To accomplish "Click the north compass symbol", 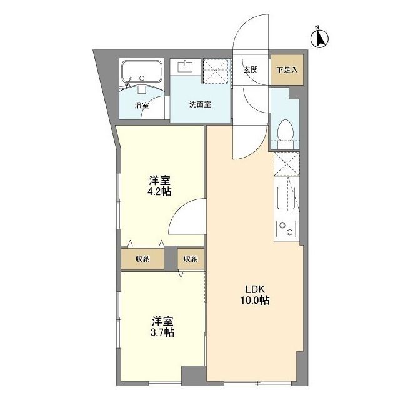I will pyautogui.click(x=321, y=38).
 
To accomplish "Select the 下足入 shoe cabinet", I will pyautogui.click(x=287, y=69).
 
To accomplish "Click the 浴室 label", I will pyautogui.click(x=142, y=105).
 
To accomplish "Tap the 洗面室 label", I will pyautogui.click(x=200, y=104).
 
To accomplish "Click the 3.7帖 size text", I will pyautogui.click(x=162, y=332).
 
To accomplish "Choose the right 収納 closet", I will pyautogui.click(x=191, y=259).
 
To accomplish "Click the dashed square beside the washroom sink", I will pyautogui.click(x=216, y=71).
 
